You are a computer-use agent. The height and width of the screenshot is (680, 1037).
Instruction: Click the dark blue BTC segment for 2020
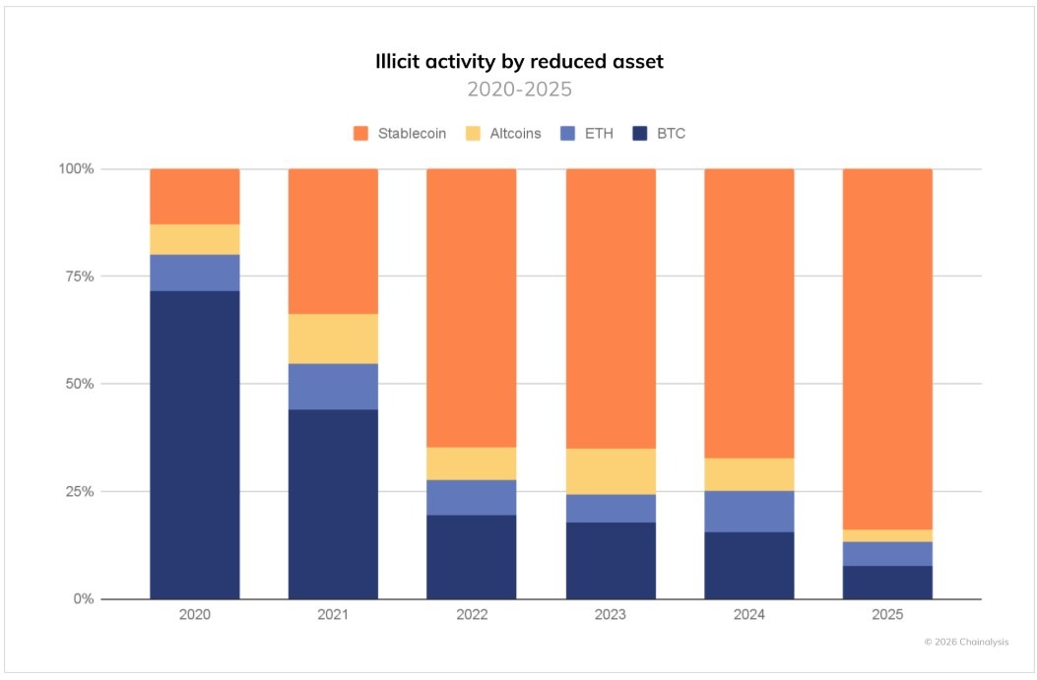pos(195,445)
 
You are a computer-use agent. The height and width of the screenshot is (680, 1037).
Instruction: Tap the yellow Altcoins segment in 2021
pos(333,339)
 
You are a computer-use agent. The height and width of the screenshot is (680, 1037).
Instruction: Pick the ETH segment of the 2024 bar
pos(748,511)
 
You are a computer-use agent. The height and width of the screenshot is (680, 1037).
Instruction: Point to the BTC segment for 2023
pos(610,560)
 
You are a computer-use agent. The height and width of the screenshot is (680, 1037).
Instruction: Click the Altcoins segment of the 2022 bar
pos(471,464)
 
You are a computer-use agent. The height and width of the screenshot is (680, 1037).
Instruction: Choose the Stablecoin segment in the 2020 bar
pos(195,196)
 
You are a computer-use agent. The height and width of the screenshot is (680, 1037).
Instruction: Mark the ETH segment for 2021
pos(333,386)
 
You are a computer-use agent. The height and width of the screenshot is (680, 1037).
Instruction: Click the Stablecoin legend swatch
pos(361,133)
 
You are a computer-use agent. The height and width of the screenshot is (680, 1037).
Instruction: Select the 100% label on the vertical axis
pos(75,169)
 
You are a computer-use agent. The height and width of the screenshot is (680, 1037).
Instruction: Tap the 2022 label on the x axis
pos(471,614)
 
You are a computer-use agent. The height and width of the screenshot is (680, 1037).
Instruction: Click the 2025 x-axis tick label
pos(887,614)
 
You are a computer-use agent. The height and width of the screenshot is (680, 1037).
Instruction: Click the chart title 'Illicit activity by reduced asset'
pos(519,61)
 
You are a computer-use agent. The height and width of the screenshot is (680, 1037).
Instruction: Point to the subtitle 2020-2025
pos(519,90)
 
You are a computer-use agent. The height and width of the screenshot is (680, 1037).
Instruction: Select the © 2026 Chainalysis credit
pos(965,642)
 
